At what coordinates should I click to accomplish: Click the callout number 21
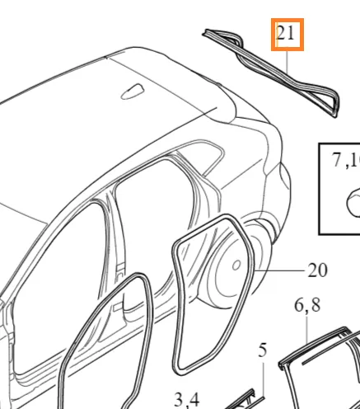coord(286,34)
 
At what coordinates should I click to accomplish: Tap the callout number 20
coord(318,270)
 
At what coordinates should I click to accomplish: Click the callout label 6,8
coord(307,305)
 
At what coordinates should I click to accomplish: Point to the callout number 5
coord(263,350)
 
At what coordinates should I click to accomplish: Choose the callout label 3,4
coord(187,400)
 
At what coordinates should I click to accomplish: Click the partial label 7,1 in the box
coord(345,160)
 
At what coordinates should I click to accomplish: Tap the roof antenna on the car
coord(133,92)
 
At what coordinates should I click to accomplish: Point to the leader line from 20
coord(279,270)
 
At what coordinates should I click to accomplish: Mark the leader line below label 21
coord(288,62)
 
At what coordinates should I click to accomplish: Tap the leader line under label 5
coord(263,380)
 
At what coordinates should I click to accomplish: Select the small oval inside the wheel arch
coord(236,266)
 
